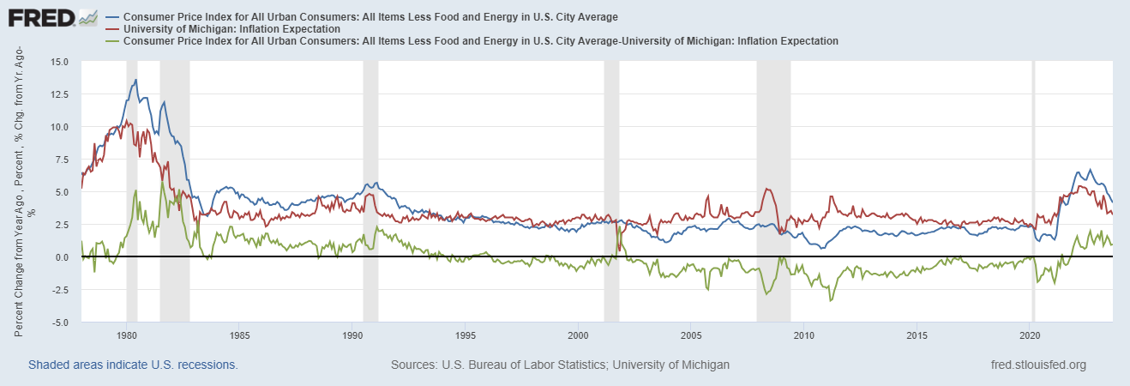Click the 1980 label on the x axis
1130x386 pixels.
click(127, 335)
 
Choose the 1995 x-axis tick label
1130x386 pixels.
click(466, 335)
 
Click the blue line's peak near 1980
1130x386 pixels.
click(135, 80)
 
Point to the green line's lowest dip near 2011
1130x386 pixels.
click(830, 300)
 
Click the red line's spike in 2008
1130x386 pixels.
click(766, 189)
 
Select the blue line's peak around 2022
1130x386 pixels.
click(1090, 170)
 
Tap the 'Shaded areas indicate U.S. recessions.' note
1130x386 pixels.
click(133, 365)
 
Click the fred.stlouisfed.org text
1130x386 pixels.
click(1037, 365)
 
